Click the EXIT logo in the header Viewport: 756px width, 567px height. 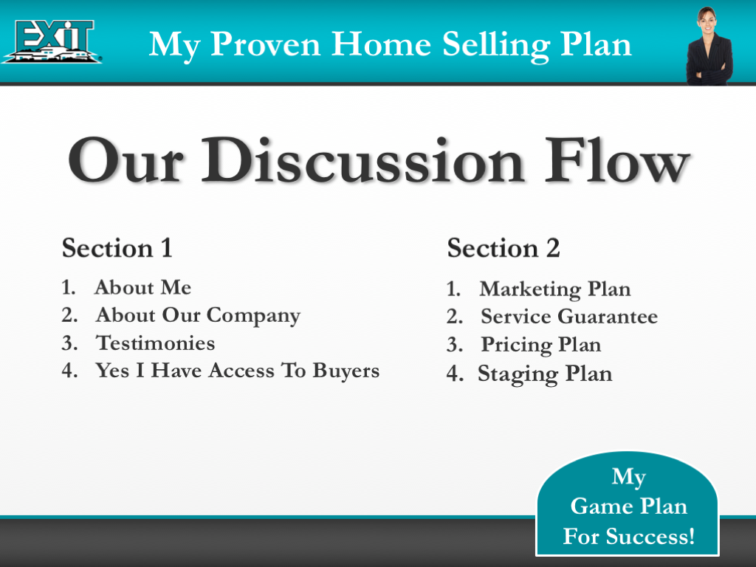point(52,41)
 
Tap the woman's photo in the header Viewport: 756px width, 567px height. point(707,46)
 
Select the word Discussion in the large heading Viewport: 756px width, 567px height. point(384,162)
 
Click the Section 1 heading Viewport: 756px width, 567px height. point(117,248)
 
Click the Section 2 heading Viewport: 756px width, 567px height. point(504,248)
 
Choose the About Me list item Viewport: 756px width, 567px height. point(142,287)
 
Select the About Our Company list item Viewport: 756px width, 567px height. point(197,315)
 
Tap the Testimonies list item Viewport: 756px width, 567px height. point(156,343)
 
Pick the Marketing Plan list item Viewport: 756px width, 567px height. point(554,289)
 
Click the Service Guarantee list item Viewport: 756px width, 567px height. point(568,317)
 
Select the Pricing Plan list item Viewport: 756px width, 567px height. point(540,345)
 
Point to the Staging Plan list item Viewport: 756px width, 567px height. point(545,374)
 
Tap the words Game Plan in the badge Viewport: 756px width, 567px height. point(629,506)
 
